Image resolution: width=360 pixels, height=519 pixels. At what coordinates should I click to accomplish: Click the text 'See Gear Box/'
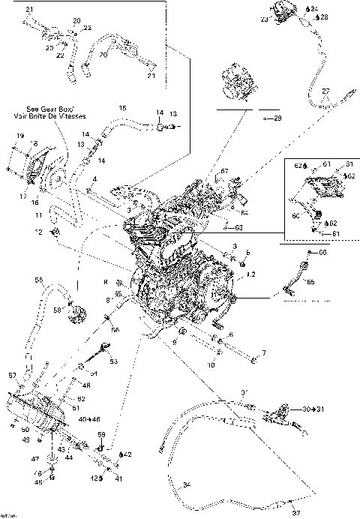click(x=40, y=108)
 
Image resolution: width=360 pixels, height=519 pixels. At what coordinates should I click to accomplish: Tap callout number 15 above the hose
click(x=122, y=109)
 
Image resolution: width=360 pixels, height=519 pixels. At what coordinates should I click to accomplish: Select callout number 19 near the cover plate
click(x=11, y=135)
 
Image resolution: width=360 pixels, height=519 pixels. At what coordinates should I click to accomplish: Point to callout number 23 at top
click(x=263, y=21)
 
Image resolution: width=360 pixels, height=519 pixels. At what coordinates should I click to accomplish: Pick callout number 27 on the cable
click(x=325, y=91)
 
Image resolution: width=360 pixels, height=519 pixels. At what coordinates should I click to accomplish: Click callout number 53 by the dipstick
click(x=114, y=361)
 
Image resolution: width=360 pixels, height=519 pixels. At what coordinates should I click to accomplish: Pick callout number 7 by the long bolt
click(x=262, y=352)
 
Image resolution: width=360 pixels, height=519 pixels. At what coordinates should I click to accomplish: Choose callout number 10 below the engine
click(x=212, y=364)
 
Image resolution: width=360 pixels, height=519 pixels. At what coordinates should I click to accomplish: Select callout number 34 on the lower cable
click(x=187, y=484)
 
